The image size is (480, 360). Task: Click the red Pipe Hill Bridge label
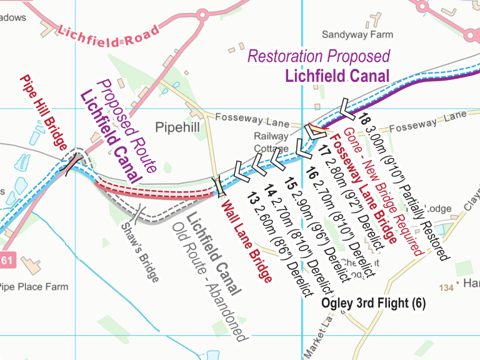43,113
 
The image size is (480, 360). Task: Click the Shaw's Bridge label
139,251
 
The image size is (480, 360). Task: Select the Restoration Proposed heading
319,56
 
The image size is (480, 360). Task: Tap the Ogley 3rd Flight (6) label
373,303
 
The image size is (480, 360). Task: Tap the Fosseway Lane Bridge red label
363,188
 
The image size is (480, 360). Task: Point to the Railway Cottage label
271,142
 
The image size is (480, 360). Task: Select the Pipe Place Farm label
32,287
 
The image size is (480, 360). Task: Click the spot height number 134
446,287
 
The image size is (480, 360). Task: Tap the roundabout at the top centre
202,14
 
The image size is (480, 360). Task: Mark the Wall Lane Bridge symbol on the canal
217,186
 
